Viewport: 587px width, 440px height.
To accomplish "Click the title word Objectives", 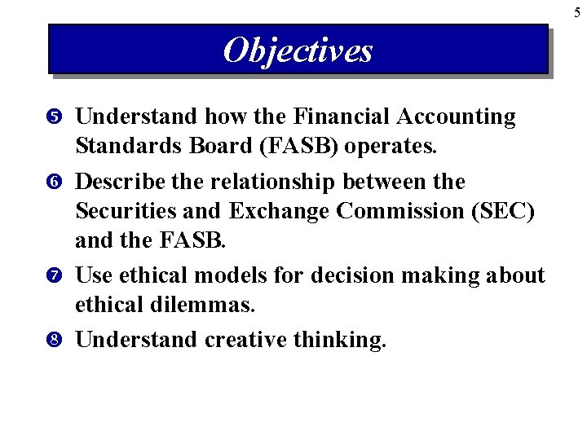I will [298, 51].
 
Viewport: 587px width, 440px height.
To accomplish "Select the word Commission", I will [397, 212].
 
